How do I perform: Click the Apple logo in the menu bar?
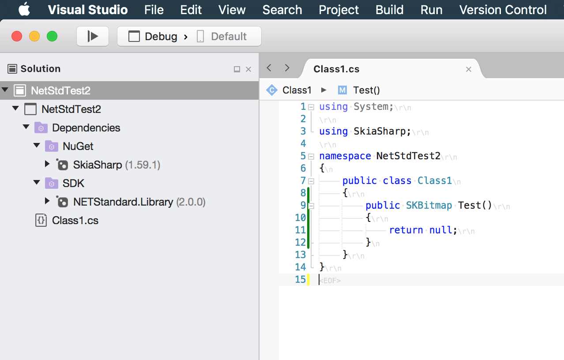click(x=24, y=9)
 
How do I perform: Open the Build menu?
click(x=389, y=10)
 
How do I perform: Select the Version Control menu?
click(x=503, y=10)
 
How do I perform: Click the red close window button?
click(x=17, y=36)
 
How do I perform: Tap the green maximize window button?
click(x=52, y=36)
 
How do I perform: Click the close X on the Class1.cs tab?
click(x=469, y=69)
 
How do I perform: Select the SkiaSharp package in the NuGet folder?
click(x=98, y=165)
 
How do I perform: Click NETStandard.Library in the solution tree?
click(x=123, y=202)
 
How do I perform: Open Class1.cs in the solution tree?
click(x=75, y=221)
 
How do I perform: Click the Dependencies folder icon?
click(x=41, y=128)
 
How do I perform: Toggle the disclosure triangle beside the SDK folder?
click(x=37, y=183)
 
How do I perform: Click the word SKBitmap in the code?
click(x=429, y=206)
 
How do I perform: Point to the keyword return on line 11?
click(x=406, y=230)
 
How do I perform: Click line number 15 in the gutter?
click(x=300, y=280)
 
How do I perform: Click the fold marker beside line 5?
click(x=311, y=156)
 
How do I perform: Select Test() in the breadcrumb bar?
click(x=366, y=90)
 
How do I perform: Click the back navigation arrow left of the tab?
click(x=269, y=68)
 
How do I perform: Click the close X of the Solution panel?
click(x=248, y=69)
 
